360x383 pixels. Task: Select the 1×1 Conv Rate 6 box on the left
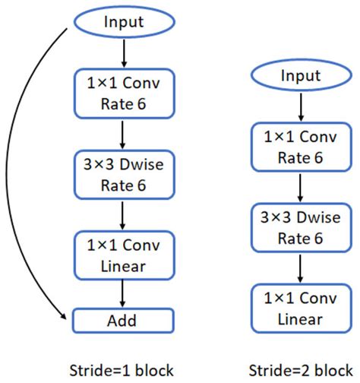click(x=123, y=91)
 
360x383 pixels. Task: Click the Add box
click(x=123, y=319)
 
